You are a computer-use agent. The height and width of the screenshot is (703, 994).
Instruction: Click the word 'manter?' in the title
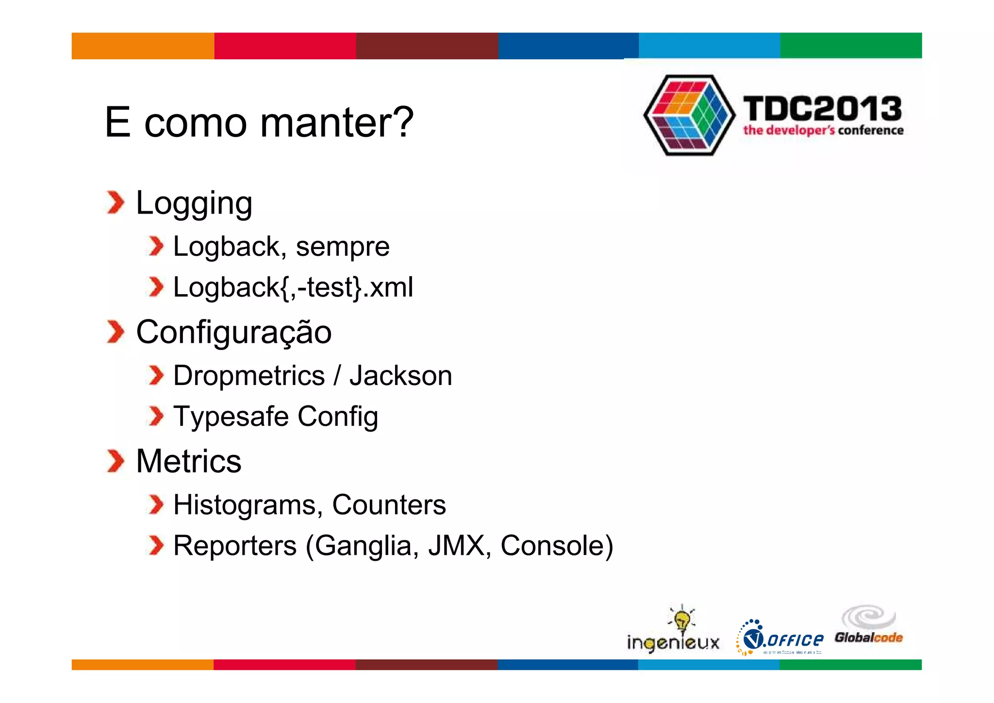(x=337, y=122)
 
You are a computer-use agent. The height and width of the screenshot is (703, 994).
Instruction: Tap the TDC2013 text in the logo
(x=822, y=108)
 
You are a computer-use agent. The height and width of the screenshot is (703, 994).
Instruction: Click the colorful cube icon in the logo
(x=689, y=116)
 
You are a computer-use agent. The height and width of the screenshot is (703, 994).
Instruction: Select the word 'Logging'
(x=194, y=203)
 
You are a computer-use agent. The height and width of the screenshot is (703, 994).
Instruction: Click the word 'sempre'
(x=343, y=247)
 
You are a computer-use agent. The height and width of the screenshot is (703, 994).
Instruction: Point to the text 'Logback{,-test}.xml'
(x=293, y=287)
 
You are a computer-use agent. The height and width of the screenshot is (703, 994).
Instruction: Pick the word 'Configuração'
(x=234, y=332)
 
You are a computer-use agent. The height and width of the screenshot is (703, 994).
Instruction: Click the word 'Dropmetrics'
(x=249, y=376)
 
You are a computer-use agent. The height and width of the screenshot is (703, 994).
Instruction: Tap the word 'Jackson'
(x=401, y=376)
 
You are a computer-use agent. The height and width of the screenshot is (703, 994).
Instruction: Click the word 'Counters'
(x=389, y=505)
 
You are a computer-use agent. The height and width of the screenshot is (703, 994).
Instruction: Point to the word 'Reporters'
(x=235, y=546)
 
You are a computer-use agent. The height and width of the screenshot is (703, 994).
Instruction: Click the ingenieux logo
(x=674, y=631)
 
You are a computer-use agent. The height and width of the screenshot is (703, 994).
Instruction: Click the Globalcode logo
(x=869, y=626)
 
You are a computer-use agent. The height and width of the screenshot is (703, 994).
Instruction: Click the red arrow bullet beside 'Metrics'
(x=116, y=461)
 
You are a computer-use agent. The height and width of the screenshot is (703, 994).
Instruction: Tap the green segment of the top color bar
(x=851, y=46)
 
